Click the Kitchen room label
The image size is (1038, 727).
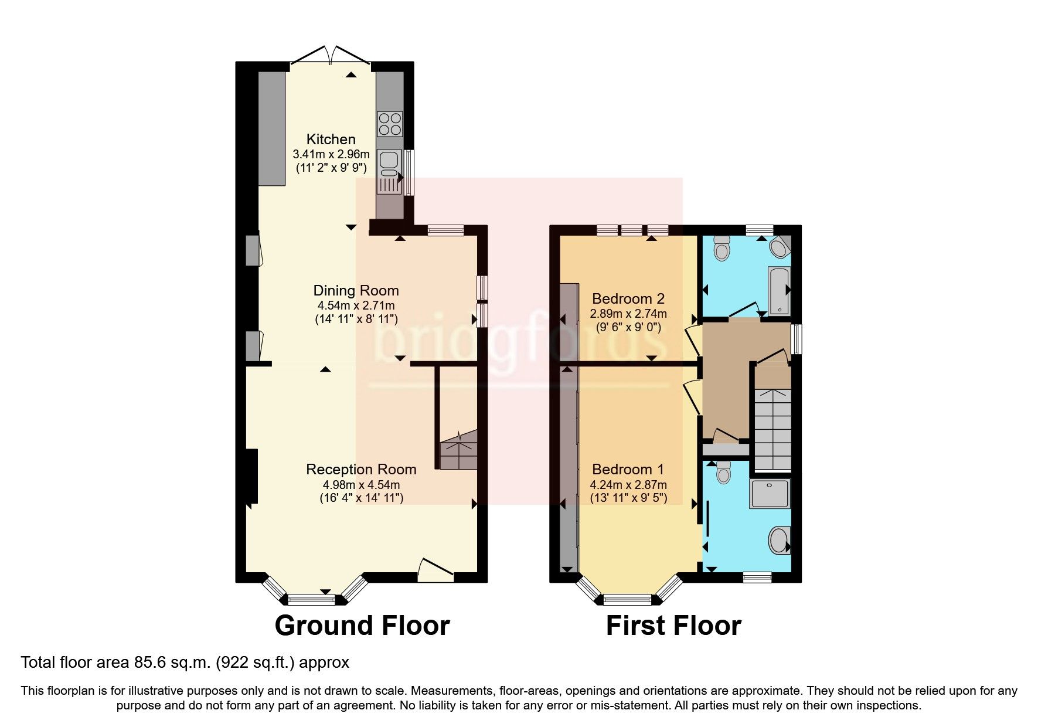[331, 140]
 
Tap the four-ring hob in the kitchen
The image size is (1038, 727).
[390, 124]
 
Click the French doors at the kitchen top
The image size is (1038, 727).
[331, 56]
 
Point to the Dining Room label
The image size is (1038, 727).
[356, 291]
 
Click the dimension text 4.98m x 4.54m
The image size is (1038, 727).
[361, 485]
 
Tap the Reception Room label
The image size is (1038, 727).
[361, 470]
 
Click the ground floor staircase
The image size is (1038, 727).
[458, 450]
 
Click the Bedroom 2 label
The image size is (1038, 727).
[628, 298]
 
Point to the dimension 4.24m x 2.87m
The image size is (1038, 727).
[628, 485]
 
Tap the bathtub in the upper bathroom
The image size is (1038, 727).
[779, 291]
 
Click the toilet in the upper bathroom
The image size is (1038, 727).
[722, 249]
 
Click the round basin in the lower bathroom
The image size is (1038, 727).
[779, 540]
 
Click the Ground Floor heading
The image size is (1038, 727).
[362, 626]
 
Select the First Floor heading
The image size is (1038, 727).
[673, 626]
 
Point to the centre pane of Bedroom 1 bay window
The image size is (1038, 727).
[627, 599]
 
